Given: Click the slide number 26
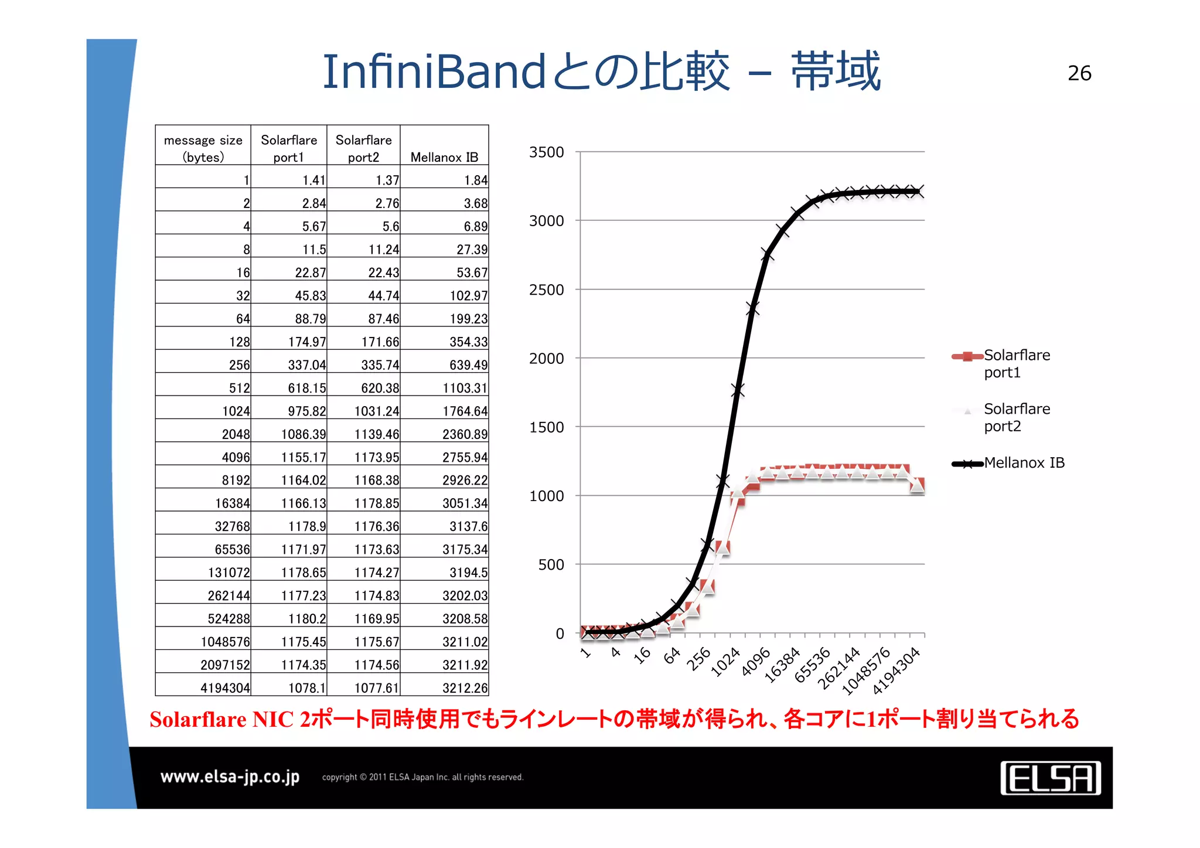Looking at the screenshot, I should point(1079,73).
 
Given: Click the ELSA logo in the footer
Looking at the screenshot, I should point(1050,778).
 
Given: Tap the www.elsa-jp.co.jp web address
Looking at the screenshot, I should point(230,777).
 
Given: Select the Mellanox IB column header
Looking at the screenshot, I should point(444,157).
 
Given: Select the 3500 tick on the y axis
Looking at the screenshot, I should point(546,152).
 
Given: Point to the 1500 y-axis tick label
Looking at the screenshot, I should point(546,427).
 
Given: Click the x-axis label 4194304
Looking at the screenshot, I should point(896,671).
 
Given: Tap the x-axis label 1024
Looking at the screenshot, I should point(725,662).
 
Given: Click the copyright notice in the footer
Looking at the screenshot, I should point(422,777).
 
